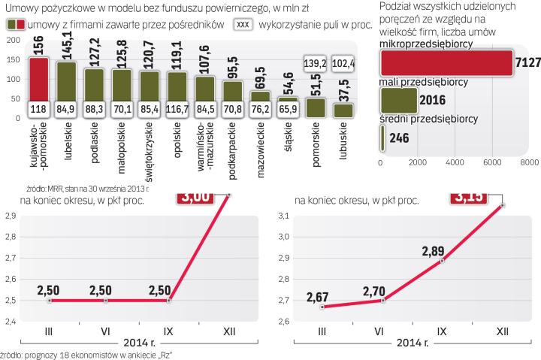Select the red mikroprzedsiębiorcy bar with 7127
(447, 65)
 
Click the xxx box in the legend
(243, 24)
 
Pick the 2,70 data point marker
(382, 301)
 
